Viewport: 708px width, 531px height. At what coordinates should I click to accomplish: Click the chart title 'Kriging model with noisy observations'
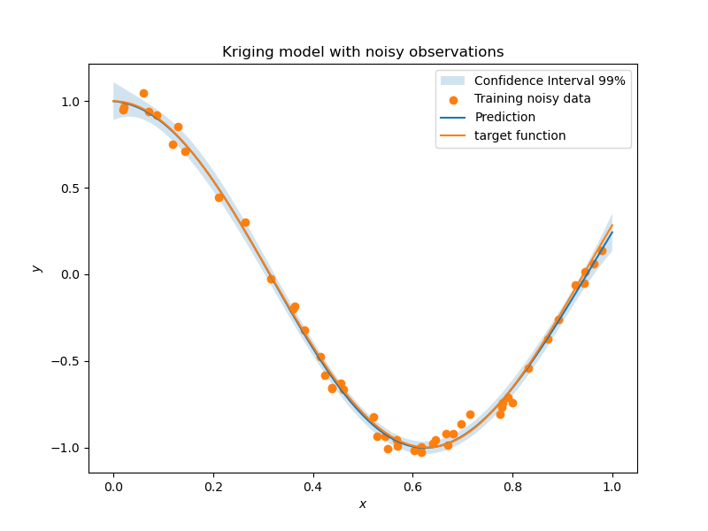point(363,52)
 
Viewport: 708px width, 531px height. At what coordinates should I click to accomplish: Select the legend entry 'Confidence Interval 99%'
point(550,81)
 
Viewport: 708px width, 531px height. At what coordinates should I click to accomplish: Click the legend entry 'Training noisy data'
point(532,99)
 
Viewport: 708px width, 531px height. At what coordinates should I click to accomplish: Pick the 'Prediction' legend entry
point(504,117)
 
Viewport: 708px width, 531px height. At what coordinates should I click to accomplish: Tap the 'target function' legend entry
point(519,135)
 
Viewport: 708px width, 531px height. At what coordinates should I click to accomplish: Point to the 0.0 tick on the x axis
point(113,486)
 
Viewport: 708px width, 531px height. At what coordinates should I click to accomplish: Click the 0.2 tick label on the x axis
point(213,486)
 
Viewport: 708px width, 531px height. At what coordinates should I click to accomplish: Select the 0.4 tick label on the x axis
point(313,486)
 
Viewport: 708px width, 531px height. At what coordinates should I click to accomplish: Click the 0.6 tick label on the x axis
point(412,486)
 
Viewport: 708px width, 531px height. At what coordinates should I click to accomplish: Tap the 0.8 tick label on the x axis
point(512,486)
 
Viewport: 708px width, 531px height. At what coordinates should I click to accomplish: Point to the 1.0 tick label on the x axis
point(612,486)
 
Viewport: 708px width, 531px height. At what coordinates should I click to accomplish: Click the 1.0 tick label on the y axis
point(71,102)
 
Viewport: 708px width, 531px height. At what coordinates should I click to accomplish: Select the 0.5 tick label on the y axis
point(71,188)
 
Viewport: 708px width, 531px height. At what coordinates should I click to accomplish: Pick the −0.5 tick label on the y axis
point(67,361)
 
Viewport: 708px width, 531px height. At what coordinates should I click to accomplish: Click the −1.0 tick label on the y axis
point(67,448)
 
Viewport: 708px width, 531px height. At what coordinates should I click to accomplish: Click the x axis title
point(363,504)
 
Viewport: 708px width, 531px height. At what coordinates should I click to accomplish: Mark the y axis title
point(37,268)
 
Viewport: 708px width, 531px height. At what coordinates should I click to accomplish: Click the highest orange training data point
point(143,93)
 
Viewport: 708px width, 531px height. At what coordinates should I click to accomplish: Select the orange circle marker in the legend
point(453,99)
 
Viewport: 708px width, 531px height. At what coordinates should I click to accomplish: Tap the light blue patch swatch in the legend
point(453,81)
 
